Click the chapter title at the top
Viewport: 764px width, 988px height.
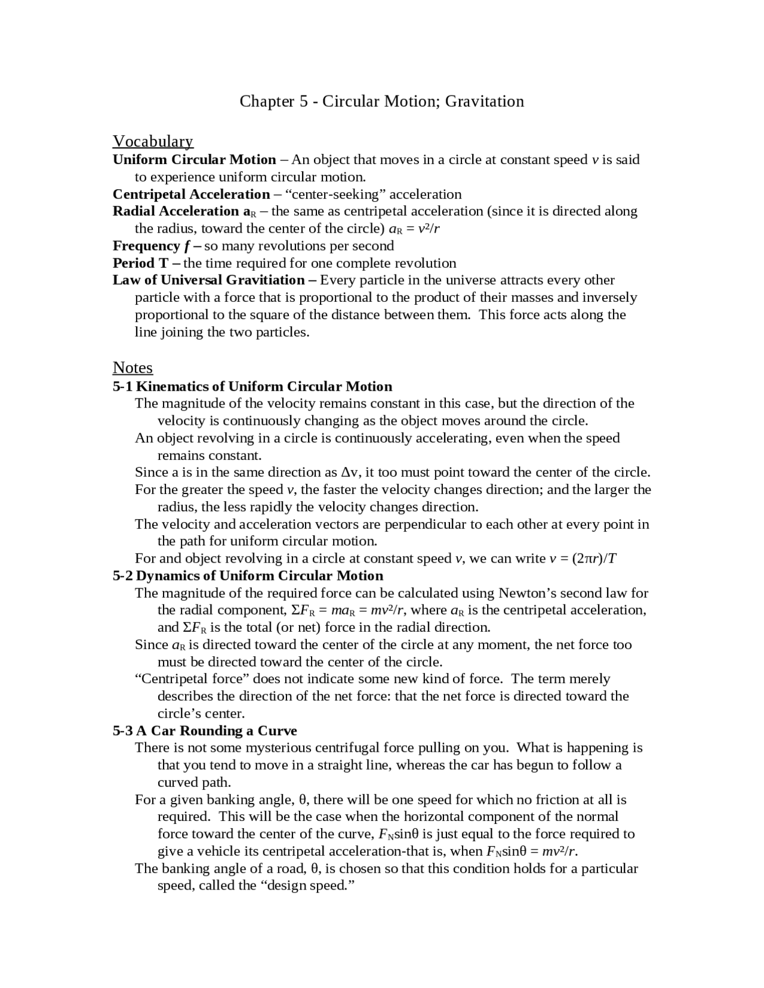point(381,101)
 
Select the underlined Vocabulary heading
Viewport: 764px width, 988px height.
point(153,141)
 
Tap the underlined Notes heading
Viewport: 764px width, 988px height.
point(133,368)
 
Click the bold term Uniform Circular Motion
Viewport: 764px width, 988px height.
point(194,160)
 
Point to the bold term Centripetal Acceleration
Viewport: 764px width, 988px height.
point(191,194)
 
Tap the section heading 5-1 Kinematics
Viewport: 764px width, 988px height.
point(252,387)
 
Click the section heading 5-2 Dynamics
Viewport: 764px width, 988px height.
point(248,576)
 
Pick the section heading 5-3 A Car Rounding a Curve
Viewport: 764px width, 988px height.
point(205,731)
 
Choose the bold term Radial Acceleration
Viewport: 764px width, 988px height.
point(176,211)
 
